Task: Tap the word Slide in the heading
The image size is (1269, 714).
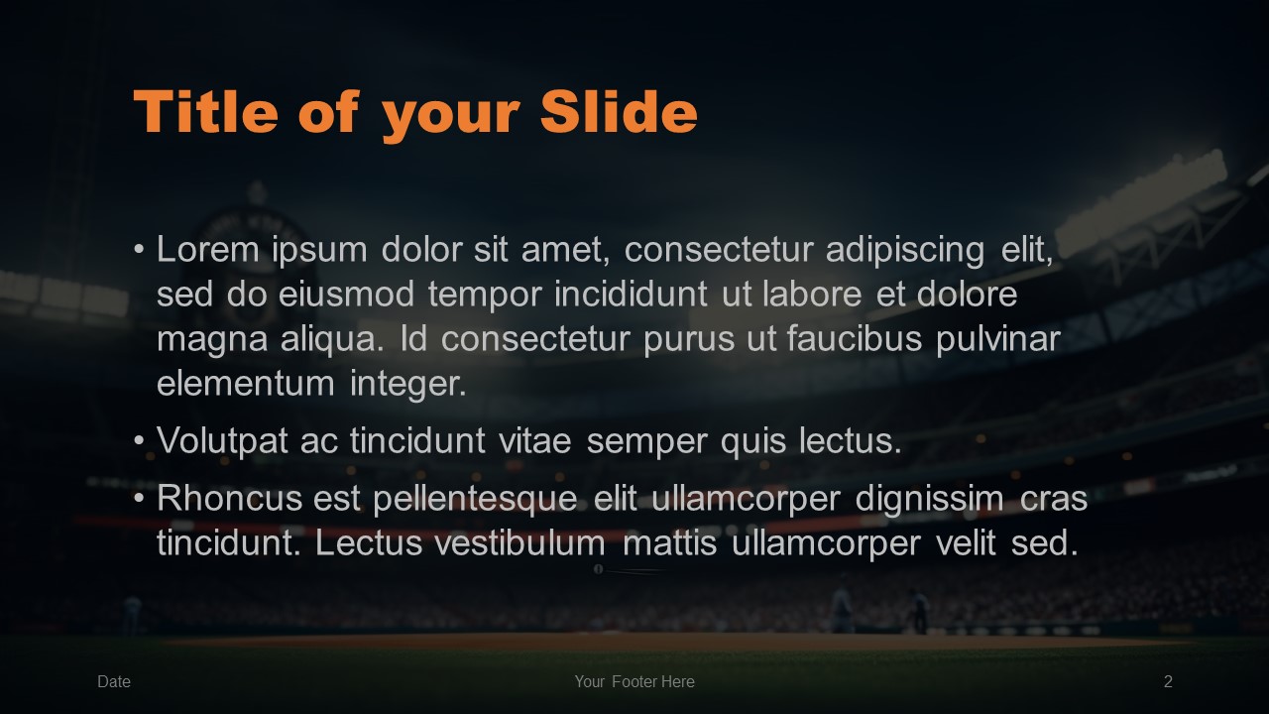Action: pyautogui.click(x=619, y=112)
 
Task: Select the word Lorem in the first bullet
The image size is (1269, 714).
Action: pyautogui.click(x=208, y=249)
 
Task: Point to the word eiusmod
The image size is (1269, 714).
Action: pyautogui.click(x=346, y=294)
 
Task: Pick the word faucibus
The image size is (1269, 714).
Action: pyautogui.click(x=855, y=338)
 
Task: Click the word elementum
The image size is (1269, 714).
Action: pyautogui.click(x=245, y=384)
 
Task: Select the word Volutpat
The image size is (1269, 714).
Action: pyautogui.click(x=222, y=441)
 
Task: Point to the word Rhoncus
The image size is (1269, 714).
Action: pyautogui.click(x=229, y=499)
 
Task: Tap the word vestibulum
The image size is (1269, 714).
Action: pyautogui.click(x=520, y=542)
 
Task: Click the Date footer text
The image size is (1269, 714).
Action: pyautogui.click(x=114, y=681)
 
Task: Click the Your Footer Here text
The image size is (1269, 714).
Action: pyautogui.click(x=634, y=681)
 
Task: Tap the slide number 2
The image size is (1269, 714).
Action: pyautogui.click(x=1168, y=681)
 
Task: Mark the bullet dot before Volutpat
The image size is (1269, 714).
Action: pyautogui.click(x=140, y=440)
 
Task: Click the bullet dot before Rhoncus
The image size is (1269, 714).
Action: pyautogui.click(x=140, y=498)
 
